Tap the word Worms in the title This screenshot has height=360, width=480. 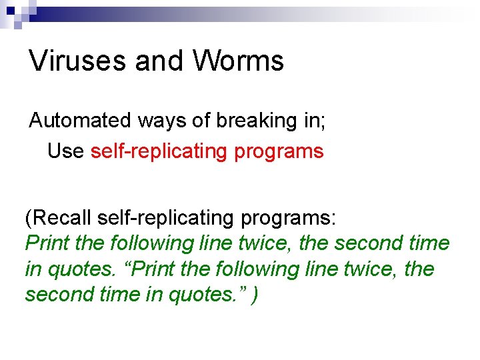[239, 61]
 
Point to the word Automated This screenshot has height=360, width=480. [80, 121]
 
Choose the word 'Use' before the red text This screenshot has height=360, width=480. [65, 151]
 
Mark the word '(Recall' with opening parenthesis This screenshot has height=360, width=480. [58, 218]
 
